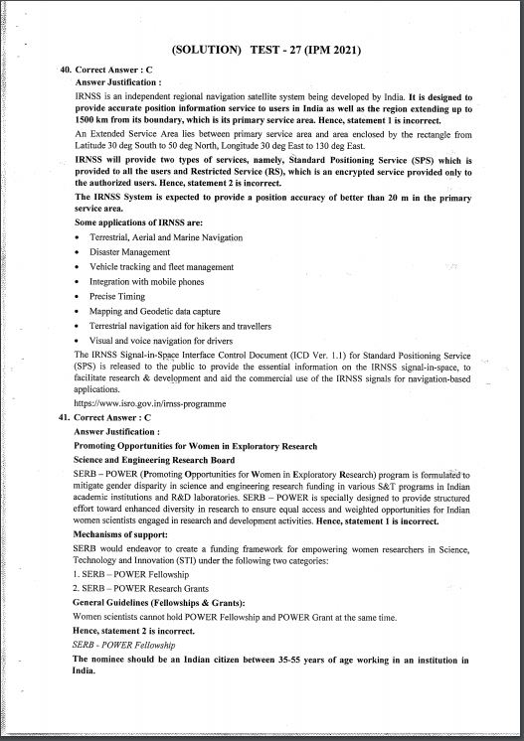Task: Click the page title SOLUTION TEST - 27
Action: (x=265, y=50)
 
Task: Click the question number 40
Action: (x=66, y=71)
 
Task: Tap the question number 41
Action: (x=66, y=418)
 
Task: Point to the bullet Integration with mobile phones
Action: (x=145, y=282)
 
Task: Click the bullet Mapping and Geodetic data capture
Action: (x=154, y=311)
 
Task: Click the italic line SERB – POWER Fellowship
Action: (x=124, y=645)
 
